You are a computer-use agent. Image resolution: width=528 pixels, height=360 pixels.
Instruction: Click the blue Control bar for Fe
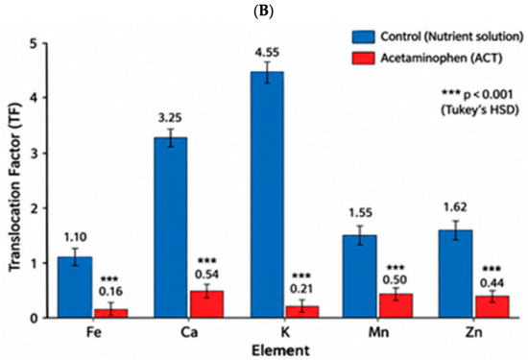point(75,287)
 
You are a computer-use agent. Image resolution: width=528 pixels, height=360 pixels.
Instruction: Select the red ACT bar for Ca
point(206,304)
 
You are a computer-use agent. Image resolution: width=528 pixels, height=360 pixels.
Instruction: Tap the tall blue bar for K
point(267,195)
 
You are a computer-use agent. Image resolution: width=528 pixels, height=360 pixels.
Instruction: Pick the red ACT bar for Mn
point(396,306)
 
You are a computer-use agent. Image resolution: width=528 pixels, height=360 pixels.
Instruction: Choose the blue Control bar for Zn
point(457,274)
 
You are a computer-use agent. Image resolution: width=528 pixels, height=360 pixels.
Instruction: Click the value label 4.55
point(267,53)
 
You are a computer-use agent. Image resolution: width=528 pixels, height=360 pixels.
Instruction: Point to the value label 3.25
point(170,118)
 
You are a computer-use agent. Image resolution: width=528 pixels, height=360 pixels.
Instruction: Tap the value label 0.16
point(111,291)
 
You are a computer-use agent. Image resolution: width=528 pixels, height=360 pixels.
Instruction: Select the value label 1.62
point(455,207)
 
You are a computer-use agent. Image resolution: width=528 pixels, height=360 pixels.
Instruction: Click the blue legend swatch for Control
point(363,36)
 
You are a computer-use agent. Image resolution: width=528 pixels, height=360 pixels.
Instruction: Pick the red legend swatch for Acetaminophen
point(363,58)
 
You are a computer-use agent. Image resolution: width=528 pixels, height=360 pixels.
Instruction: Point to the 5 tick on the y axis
point(36,43)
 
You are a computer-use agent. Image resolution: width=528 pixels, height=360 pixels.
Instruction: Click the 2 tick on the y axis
point(36,208)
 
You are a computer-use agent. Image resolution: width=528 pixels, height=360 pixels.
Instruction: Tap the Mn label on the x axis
point(378,332)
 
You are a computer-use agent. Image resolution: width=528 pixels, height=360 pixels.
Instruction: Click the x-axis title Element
point(281,350)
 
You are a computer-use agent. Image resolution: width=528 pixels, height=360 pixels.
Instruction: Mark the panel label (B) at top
point(263,12)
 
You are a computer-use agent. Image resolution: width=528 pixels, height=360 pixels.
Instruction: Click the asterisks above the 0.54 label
point(207,260)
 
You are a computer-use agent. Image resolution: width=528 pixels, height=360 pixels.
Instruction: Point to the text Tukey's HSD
point(479,110)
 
